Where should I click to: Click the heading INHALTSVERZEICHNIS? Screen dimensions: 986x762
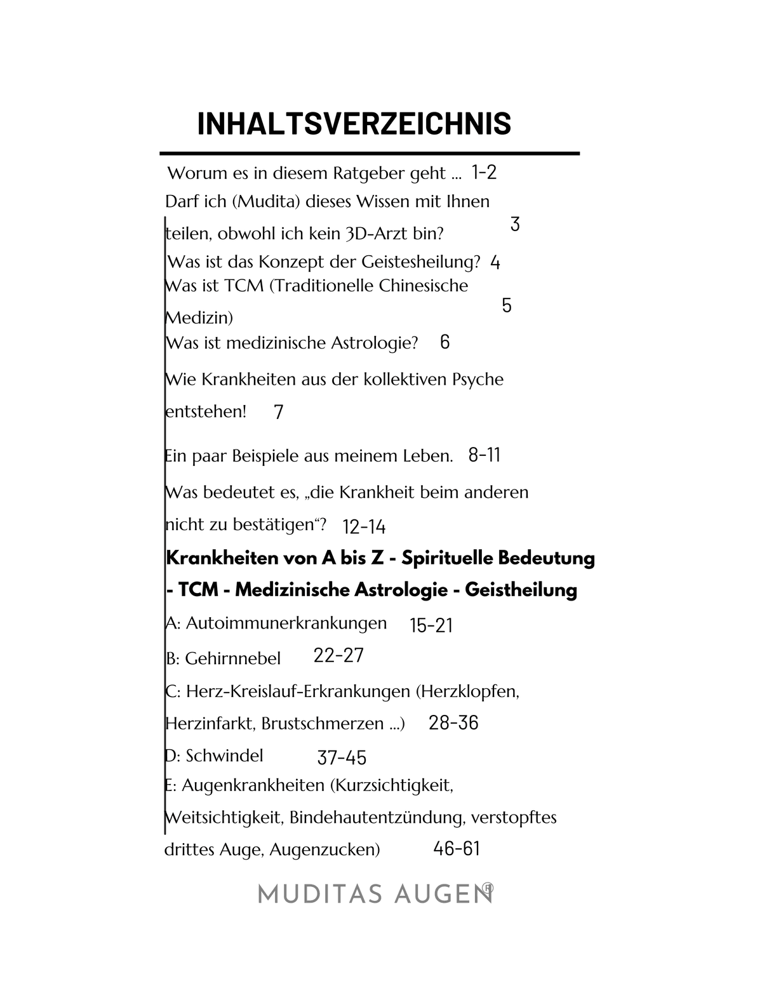point(354,123)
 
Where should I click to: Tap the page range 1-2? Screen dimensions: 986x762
point(484,172)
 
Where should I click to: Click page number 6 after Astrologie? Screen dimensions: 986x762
point(444,342)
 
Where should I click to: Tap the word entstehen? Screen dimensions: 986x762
point(205,411)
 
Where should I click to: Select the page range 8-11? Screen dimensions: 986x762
point(484,455)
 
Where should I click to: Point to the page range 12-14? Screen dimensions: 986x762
point(364,527)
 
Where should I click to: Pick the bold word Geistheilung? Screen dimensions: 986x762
point(521,590)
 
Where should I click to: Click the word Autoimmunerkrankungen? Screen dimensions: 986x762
point(286,623)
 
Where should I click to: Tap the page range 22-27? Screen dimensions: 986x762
point(338,655)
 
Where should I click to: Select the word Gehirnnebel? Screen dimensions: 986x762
point(232,658)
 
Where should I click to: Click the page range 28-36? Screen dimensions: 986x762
point(453,723)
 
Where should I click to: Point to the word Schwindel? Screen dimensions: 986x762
point(224,756)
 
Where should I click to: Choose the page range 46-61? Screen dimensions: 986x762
point(457,848)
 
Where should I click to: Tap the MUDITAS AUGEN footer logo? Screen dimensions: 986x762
point(375,894)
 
